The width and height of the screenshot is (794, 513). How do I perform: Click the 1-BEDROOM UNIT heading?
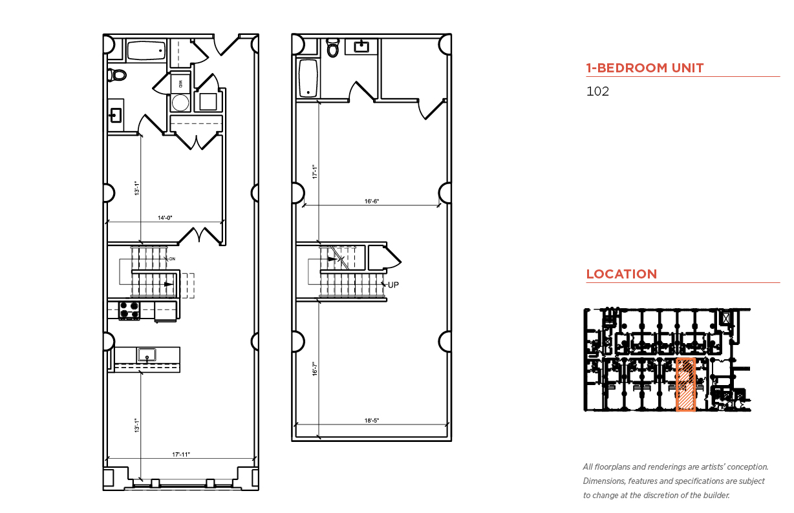click(645, 68)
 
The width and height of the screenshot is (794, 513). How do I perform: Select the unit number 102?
click(597, 91)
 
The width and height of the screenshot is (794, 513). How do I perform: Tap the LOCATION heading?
click(621, 274)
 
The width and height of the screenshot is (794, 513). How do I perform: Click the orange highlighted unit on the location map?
click(685, 384)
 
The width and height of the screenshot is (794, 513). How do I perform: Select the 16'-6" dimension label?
click(371, 202)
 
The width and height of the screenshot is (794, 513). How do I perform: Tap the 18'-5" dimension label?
click(371, 421)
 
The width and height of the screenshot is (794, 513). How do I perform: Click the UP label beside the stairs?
click(393, 284)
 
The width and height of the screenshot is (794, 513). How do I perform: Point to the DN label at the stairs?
click(172, 258)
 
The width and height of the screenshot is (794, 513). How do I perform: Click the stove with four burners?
click(130, 311)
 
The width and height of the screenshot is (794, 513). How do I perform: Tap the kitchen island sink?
click(147, 354)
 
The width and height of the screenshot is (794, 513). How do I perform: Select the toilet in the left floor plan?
click(118, 75)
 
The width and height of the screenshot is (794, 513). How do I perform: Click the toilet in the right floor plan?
click(333, 48)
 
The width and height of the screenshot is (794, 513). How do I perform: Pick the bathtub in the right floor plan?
click(308, 78)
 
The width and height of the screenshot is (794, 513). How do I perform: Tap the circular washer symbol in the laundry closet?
click(180, 103)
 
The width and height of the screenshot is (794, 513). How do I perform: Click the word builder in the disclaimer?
click(715, 496)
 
